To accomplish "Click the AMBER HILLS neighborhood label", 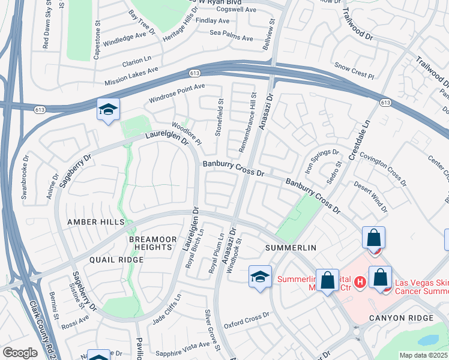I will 95,222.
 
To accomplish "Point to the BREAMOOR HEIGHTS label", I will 153,244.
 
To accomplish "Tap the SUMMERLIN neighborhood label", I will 291,248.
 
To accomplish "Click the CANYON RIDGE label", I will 401,317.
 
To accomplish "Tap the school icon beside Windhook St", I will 260,277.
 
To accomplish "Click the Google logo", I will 19,353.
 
